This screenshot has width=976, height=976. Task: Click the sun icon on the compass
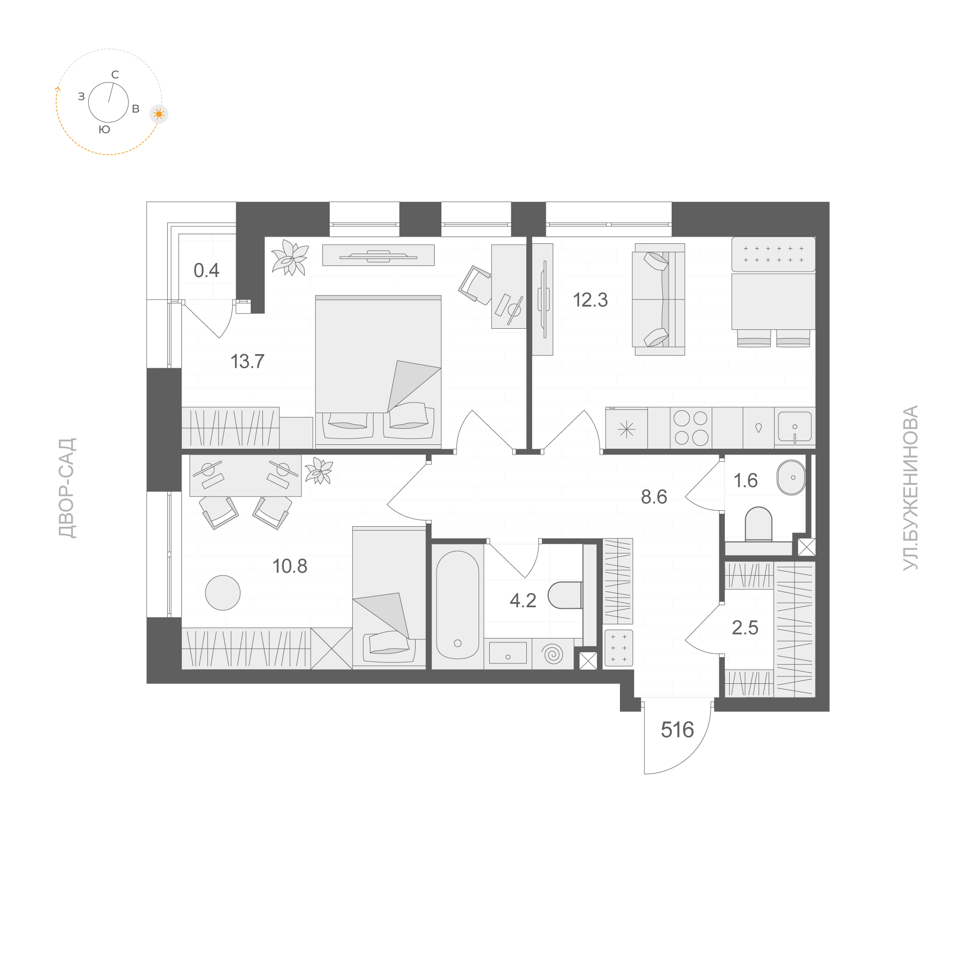159,114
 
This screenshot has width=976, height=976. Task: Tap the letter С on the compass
115,75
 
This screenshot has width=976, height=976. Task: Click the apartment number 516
677,730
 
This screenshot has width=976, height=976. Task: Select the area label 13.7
248,361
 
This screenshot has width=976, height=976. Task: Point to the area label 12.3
590,300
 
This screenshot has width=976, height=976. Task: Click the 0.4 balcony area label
206,271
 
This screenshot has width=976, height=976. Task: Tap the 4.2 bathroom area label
523,600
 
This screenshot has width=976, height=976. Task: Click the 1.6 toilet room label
745,480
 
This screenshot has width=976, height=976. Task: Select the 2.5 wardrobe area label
745,628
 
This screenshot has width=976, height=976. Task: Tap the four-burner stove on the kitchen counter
691,428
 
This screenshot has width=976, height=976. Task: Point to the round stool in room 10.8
223,593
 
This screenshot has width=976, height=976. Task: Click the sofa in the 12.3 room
659,299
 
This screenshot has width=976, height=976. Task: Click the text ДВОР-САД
67,488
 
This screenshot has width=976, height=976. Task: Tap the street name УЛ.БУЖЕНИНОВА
910,487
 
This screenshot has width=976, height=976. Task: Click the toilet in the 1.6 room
758,523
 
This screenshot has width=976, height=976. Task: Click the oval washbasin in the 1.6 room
791,478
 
